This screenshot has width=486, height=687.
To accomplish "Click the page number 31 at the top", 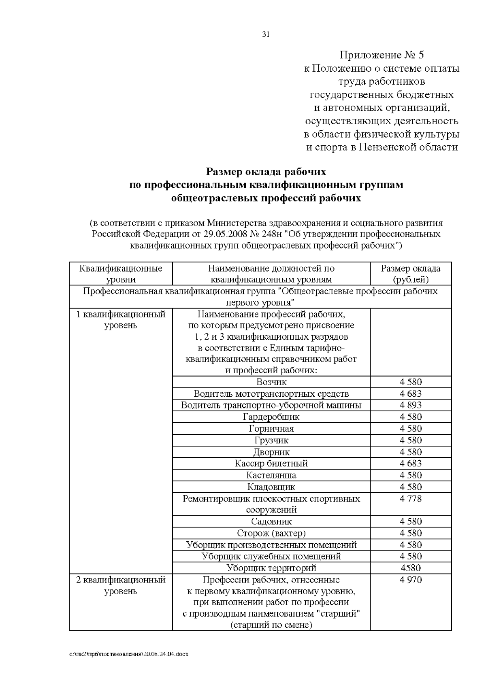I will tap(266, 34).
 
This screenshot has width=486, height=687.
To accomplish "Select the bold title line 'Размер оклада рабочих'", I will tap(266, 172).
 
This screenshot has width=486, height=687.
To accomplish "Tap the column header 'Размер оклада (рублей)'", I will tap(411, 274).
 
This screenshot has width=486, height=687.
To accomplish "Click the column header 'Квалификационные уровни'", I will tap(121, 274).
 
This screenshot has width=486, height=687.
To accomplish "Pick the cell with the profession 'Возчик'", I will tap(271, 382).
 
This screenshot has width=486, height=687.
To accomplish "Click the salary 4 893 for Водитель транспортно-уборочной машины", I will tap(411, 405).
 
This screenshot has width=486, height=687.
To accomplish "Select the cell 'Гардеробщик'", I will tap(271, 417).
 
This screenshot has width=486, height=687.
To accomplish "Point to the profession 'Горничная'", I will tap(271, 429).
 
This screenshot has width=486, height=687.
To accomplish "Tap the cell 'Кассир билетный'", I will tap(271, 464).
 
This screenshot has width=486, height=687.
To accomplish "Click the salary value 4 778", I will tap(411, 499).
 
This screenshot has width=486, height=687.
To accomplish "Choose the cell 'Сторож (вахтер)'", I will tap(271, 533).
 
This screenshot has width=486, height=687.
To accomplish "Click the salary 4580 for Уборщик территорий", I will tap(411, 568).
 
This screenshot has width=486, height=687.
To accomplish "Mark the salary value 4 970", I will tap(411, 580).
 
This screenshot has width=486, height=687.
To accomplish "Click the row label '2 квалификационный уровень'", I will tap(121, 585).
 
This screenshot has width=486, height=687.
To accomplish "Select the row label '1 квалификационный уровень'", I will tap(121, 320).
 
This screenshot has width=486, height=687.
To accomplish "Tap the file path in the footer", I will tap(129, 654).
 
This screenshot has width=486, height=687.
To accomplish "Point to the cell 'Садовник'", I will tap(271, 521).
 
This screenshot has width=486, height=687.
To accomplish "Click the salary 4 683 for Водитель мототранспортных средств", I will tap(411, 393).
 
